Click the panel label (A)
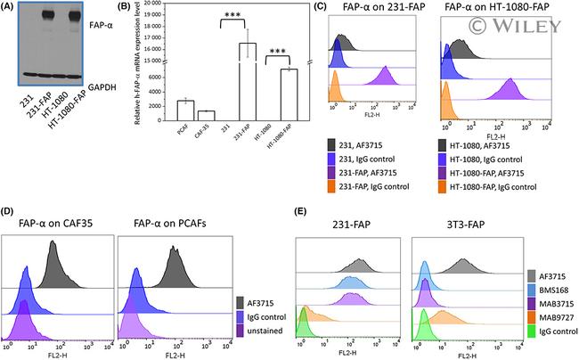point(12,8)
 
